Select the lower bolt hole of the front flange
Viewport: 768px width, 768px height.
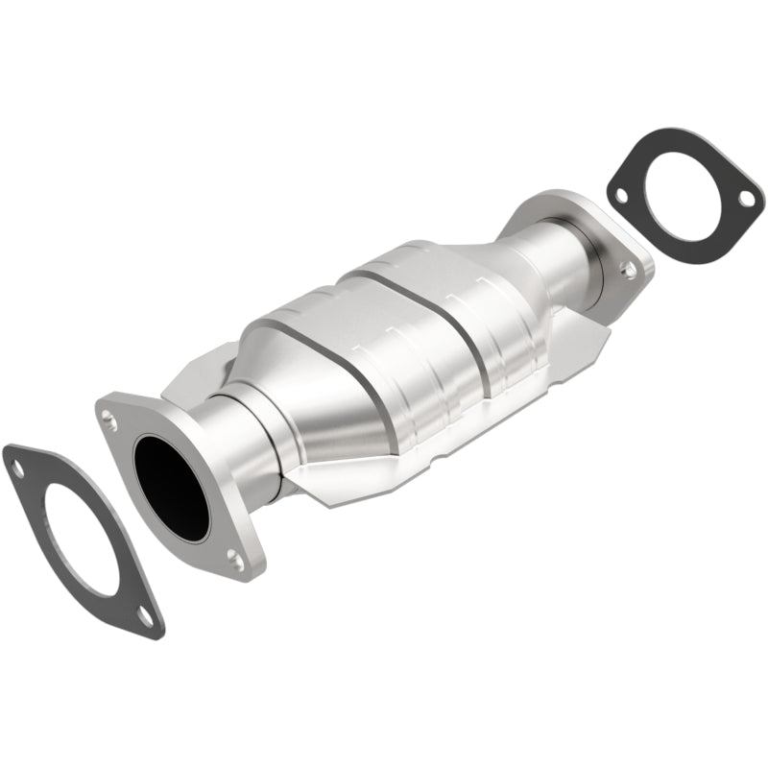click(x=232, y=554)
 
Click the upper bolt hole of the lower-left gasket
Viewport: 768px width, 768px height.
click(x=16, y=468)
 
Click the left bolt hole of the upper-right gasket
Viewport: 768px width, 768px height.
click(x=620, y=195)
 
